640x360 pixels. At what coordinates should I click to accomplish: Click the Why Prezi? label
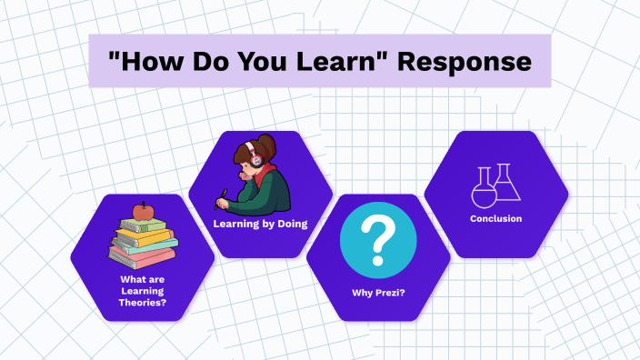click(378, 293)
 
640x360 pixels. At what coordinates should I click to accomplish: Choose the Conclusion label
click(495, 218)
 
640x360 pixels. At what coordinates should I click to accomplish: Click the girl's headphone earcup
click(255, 160)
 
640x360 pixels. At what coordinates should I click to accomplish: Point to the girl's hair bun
click(269, 143)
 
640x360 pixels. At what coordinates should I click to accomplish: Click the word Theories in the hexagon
click(142, 302)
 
